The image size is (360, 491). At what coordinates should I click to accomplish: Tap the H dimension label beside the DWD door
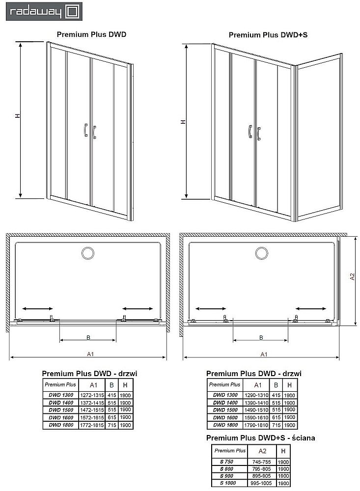point(17,116)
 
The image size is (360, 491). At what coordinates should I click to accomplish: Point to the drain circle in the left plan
point(89,253)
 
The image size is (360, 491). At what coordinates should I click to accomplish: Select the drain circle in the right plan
point(261,253)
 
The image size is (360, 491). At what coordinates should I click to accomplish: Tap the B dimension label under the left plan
point(88,337)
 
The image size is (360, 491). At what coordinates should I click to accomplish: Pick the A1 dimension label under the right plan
point(263,354)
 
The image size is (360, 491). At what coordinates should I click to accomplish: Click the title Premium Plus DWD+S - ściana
point(261,437)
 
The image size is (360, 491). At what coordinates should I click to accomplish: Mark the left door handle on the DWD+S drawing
point(250,132)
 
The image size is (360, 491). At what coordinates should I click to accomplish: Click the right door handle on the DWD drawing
point(94,131)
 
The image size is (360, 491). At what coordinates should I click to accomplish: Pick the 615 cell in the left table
point(112,417)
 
